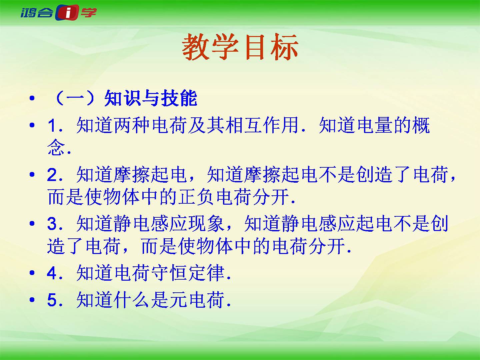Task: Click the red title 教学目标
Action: [x=240, y=47]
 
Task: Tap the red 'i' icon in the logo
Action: [x=67, y=12]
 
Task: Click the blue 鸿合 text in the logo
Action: [x=37, y=13]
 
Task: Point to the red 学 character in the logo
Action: [x=89, y=12]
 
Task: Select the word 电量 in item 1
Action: [x=374, y=125]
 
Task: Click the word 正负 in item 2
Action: [x=196, y=197]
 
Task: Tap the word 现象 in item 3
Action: [x=206, y=224]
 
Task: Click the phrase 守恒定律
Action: [x=188, y=273]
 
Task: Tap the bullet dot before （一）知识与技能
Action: [x=32, y=98]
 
